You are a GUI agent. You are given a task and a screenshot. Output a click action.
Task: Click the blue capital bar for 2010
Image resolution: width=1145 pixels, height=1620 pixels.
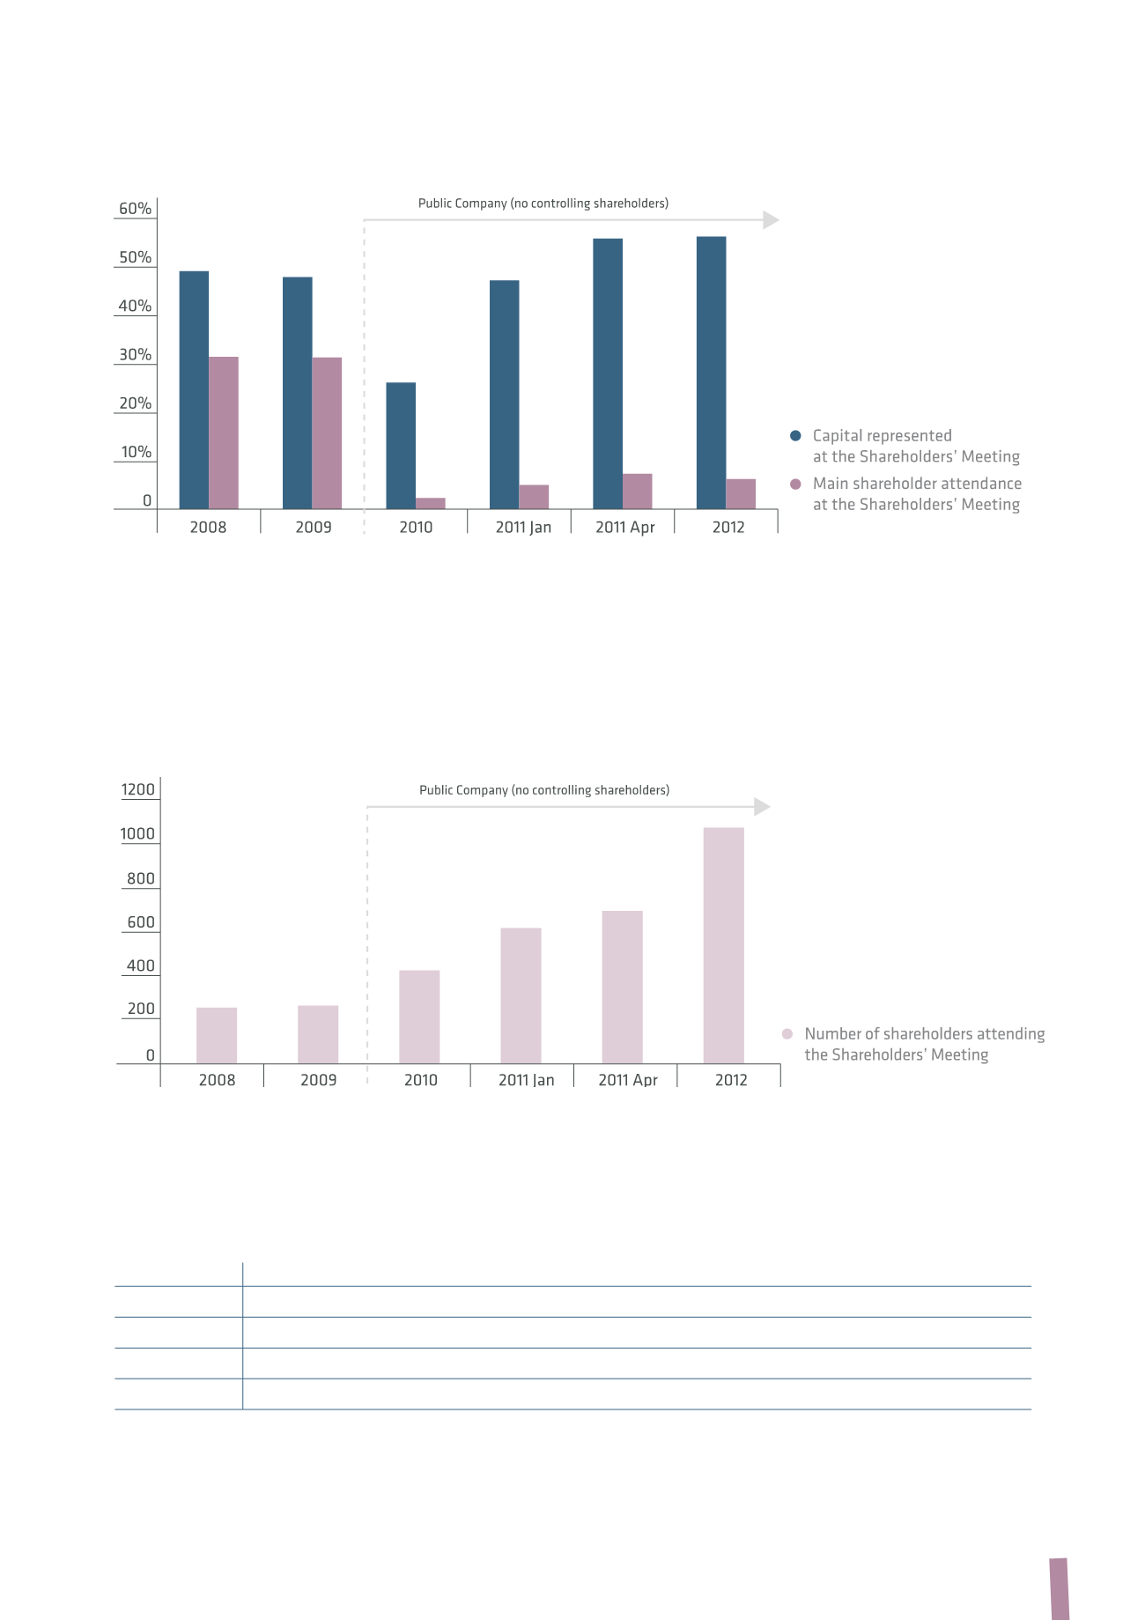click(401, 446)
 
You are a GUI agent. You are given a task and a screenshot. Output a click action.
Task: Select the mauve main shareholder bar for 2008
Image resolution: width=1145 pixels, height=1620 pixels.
click(224, 433)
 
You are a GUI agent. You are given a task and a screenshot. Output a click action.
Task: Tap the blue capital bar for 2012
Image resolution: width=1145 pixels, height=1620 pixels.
click(712, 373)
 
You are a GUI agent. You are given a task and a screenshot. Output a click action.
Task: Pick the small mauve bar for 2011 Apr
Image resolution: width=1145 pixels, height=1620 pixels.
click(638, 492)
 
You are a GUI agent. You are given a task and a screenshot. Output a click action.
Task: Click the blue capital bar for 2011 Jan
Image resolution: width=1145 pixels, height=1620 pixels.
click(505, 395)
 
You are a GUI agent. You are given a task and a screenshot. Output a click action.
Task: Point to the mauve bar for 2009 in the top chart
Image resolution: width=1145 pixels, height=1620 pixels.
click(327, 433)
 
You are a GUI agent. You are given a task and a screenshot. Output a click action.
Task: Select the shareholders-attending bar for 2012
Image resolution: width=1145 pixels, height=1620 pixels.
click(724, 945)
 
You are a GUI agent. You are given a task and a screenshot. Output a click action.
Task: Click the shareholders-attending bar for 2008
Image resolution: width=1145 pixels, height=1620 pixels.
click(217, 1035)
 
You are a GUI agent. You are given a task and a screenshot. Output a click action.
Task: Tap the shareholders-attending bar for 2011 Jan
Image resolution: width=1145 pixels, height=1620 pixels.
click(521, 995)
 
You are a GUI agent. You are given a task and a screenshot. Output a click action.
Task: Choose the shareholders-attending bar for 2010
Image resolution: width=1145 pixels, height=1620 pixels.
click(419, 1017)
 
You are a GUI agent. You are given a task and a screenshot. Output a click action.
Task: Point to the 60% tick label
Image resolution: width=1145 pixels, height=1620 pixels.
click(136, 209)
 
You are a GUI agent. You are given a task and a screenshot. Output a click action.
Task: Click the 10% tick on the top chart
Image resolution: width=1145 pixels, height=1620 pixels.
click(137, 452)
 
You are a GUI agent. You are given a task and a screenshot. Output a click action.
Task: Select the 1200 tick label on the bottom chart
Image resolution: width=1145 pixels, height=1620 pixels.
click(138, 789)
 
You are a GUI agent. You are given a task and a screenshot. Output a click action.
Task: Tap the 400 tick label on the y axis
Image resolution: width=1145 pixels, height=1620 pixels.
click(141, 965)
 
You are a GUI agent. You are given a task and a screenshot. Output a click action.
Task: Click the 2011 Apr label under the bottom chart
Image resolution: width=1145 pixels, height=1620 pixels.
click(628, 1080)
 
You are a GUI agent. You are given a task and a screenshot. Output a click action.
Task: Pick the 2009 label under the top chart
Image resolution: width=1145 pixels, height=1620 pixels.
click(314, 527)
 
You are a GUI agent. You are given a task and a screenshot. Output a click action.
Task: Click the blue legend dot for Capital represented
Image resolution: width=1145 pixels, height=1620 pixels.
click(795, 435)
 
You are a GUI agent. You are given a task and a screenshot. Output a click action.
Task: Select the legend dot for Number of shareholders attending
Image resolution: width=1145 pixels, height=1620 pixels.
click(787, 1033)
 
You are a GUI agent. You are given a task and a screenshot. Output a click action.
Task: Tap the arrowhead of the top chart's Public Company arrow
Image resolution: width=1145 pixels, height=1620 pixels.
click(771, 219)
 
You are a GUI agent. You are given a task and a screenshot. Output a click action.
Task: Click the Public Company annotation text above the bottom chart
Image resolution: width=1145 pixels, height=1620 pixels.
click(544, 790)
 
